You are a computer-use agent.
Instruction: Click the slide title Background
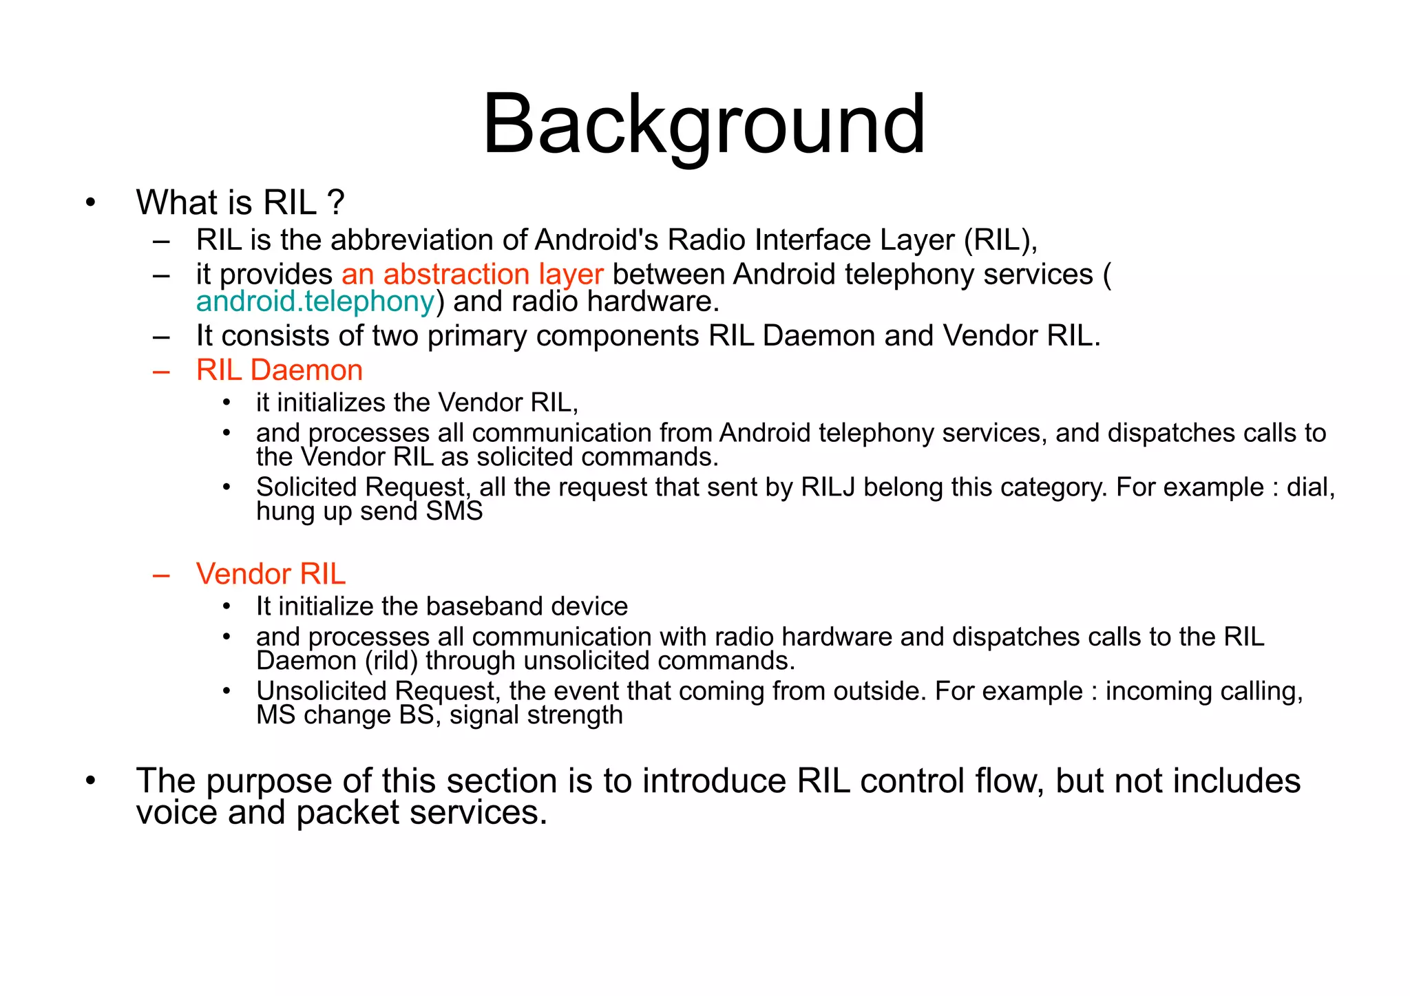coord(704,125)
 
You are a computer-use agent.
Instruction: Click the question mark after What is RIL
coord(335,202)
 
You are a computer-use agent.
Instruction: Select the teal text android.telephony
coord(315,301)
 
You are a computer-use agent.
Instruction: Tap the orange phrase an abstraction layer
coord(472,274)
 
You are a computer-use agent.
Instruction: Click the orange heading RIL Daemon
coord(279,370)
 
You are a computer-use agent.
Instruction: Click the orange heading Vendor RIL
coord(271,574)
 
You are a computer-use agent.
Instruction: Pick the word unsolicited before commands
coord(587,661)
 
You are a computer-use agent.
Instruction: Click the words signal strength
coord(536,715)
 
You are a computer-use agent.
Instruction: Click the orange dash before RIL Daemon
coord(162,372)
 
